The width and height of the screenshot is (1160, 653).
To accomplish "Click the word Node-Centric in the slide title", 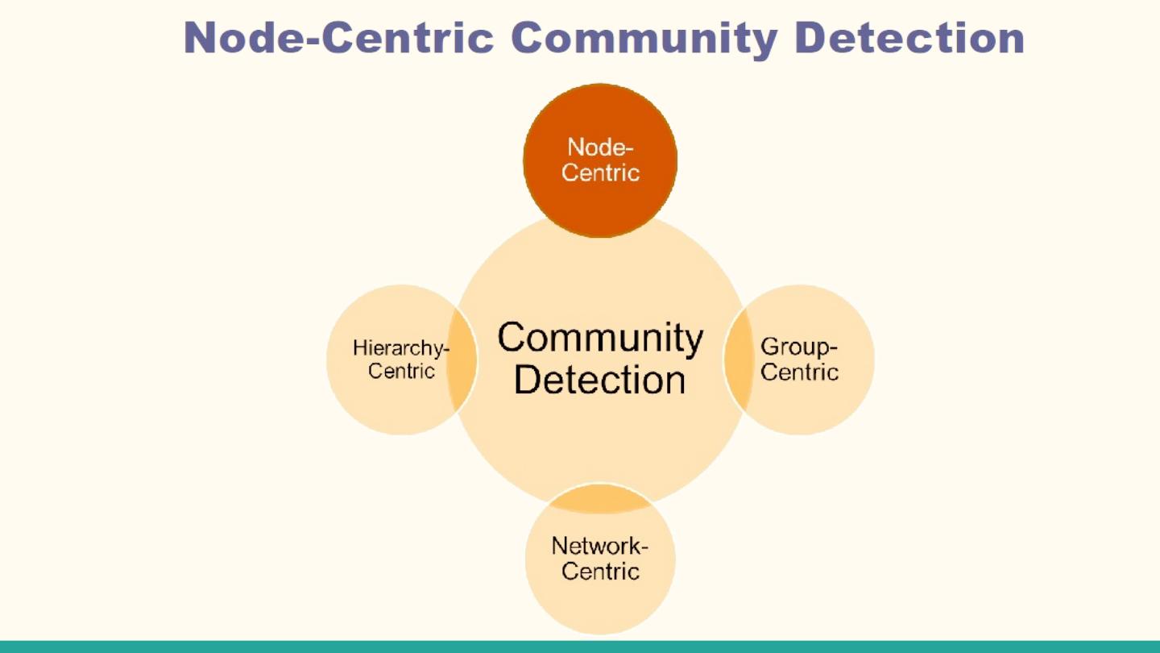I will (x=338, y=37).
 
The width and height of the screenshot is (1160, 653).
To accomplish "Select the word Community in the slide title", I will (x=644, y=37).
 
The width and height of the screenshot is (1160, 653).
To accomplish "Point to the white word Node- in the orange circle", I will (x=600, y=148).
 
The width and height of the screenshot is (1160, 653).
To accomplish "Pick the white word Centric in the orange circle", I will (x=600, y=173).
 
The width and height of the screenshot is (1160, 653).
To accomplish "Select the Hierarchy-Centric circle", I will (x=387, y=403).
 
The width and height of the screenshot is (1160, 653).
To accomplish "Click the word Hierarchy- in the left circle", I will (x=400, y=348).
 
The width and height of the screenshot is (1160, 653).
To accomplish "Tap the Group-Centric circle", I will (x=814, y=403).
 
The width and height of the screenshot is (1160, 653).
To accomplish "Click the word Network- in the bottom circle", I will (x=600, y=546).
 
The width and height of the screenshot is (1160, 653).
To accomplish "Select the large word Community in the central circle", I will (x=600, y=338).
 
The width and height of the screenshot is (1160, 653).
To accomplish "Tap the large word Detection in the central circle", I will (x=600, y=380).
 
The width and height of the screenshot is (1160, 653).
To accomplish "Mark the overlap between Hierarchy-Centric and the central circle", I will (x=462, y=360).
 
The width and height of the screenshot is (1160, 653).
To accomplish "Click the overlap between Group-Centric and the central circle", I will (x=737, y=360).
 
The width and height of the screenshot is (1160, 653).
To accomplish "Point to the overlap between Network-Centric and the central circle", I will (x=600, y=500).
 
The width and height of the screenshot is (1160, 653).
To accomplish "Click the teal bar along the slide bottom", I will (x=580, y=647).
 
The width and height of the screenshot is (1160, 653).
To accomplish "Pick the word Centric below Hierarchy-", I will (x=401, y=372).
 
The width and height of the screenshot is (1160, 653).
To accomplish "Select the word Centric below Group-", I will (x=799, y=372).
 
